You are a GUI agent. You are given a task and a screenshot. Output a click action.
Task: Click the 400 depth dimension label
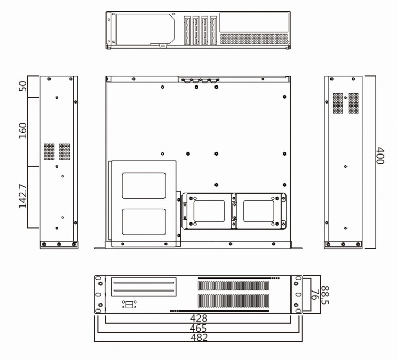(381, 156)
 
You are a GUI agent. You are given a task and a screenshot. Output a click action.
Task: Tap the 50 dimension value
(23, 86)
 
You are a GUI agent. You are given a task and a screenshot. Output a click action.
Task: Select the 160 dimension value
(23, 130)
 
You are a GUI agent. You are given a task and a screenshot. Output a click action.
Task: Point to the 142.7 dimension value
(23, 196)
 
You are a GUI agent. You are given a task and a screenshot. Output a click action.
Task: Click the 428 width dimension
(198, 318)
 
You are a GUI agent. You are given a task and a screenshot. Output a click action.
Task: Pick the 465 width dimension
(198, 328)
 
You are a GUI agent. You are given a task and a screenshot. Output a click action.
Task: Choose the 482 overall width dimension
(199, 337)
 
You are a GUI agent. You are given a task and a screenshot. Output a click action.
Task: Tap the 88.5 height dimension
(325, 295)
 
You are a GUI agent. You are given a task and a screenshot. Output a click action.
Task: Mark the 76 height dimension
(314, 295)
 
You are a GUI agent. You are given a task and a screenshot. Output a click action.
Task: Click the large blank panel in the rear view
(254, 23)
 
